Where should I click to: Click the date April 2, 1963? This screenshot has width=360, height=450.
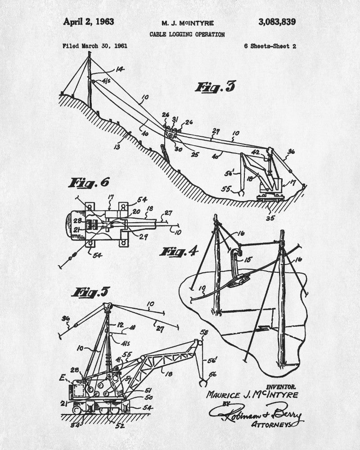[x=88, y=21]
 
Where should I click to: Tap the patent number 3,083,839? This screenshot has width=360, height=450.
[x=277, y=22]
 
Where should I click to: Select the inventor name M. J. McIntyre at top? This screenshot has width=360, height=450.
[x=188, y=23]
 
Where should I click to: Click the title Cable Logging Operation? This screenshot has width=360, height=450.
[x=187, y=34]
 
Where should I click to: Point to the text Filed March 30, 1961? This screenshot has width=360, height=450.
[x=94, y=45]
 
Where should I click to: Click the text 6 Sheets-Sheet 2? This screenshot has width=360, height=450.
[x=270, y=46]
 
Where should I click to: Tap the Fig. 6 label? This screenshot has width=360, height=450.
[x=89, y=182]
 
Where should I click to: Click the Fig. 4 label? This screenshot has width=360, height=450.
[x=179, y=252]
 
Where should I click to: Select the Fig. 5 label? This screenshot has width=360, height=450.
[x=90, y=292]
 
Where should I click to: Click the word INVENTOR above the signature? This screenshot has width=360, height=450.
[x=281, y=387]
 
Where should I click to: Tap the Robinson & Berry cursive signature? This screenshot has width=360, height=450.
[x=254, y=412]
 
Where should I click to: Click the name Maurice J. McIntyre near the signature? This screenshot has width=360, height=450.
[x=252, y=395]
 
